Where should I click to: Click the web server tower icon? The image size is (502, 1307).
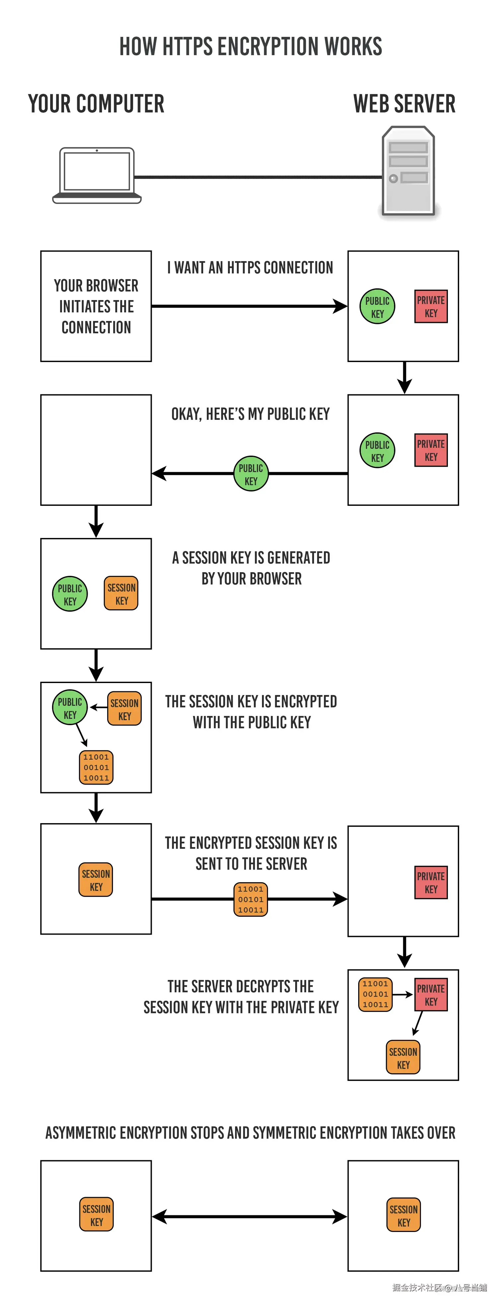(408, 171)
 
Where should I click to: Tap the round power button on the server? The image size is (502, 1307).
(393, 179)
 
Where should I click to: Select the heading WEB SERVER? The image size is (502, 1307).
(404, 104)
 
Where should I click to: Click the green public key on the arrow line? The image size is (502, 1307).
(251, 474)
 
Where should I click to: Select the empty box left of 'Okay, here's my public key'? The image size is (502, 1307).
(96, 449)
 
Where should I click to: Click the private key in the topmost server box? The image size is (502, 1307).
(431, 306)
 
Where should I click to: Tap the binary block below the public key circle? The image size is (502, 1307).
(96, 767)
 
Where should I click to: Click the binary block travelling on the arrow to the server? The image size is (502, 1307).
(251, 899)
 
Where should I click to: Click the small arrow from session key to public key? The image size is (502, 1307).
(99, 707)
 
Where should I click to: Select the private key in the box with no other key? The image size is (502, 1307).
(431, 882)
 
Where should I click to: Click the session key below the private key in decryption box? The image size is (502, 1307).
(403, 1057)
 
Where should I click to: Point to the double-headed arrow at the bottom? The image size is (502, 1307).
(250, 1216)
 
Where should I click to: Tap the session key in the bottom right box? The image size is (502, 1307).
(403, 1215)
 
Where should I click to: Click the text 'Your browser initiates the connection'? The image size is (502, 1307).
(96, 306)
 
